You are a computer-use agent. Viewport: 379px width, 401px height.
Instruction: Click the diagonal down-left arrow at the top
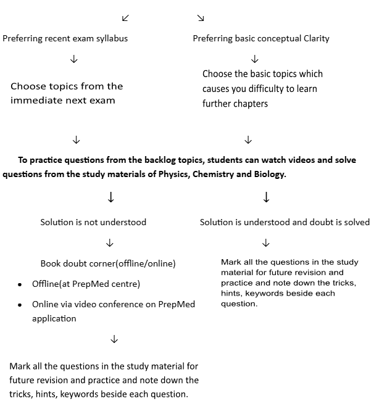tap(126, 18)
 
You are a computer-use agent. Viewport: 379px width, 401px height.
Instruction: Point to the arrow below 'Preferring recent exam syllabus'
tap(74, 59)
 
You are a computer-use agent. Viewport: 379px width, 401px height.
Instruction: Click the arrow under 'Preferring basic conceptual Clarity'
tap(254, 59)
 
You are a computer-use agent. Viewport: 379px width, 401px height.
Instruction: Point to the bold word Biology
tap(269, 174)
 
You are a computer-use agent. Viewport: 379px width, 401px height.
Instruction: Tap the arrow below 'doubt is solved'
tap(267, 242)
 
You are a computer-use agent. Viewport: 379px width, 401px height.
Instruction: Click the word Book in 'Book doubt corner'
tap(51, 263)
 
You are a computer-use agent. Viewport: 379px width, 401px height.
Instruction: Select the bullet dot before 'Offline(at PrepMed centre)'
tap(19, 284)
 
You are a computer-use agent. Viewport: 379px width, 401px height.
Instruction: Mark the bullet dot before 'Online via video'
tap(19, 305)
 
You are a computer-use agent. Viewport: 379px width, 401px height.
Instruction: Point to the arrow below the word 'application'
tap(114, 339)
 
